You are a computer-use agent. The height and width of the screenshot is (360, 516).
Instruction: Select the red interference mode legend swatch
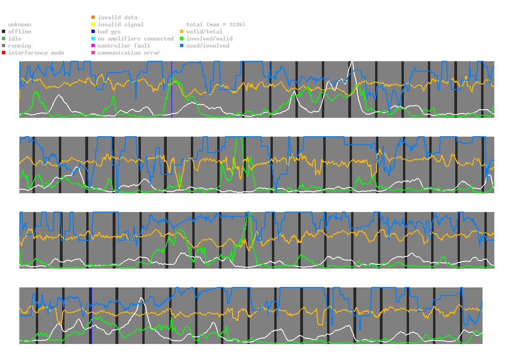coord(4,53)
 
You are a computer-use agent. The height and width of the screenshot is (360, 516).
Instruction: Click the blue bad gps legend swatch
coord(93,32)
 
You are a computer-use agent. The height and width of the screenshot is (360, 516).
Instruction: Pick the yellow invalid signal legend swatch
coord(93,25)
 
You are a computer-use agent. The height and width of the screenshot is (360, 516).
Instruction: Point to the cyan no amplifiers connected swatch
coord(93,39)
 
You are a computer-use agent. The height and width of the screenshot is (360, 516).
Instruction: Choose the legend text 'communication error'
coord(129,53)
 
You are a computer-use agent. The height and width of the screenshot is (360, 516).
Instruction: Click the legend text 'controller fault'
coord(124,46)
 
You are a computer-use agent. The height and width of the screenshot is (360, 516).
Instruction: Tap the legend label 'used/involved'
coord(208,46)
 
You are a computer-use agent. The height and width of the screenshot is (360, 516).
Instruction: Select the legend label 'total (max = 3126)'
coord(216,25)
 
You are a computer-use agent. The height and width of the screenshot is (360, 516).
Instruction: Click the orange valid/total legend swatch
coord(182,32)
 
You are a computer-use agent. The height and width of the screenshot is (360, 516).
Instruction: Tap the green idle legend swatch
coord(4,39)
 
